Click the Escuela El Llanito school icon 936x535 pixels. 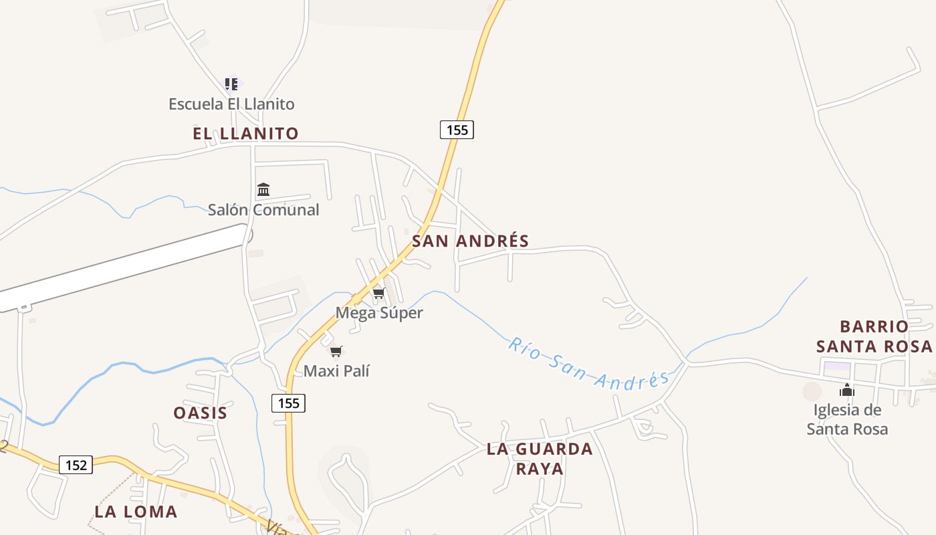click(x=231, y=84)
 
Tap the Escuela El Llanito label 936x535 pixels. click(x=231, y=104)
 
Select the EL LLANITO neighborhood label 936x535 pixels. click(x=245, y=134)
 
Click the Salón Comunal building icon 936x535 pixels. click(x=263, y=190)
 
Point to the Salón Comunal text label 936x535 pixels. click(x=263, y=210)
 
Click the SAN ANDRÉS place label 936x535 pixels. click(x=470, y=241)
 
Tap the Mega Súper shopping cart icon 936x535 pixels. click(x=379, y=294)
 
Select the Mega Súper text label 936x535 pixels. click(x=379, y=313)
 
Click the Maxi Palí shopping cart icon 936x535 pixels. click(x=336, y=352)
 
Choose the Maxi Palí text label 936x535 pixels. click(x=336, y=371)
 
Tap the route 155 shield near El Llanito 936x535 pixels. click(x=457, y=130)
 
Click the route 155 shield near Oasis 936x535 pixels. click(x=288, y=403)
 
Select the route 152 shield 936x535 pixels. click(x=76, y=465)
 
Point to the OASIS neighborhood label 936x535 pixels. click(x=200, y=413)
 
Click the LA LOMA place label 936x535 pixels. click(x=136, y=512)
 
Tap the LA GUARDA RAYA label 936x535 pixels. click(x=540, y=459)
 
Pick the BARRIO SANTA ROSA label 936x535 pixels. click(x=874, y=336)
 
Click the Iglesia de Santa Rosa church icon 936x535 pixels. click(x=847, y=391)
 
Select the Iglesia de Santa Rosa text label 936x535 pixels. click(x=847, y=419)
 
